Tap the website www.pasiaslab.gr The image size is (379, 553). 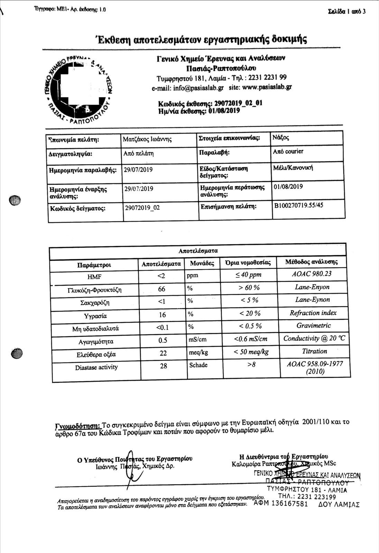pos(267,87)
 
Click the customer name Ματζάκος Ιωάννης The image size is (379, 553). pos(147,140)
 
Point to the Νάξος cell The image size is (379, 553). pos(281,138)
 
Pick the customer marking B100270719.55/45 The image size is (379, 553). pos(299,205)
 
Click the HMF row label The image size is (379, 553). pos(94,276)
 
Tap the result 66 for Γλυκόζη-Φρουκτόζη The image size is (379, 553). pos(161,289)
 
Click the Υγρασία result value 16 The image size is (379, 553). pos(162,315)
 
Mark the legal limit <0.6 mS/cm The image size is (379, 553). pos(251,339)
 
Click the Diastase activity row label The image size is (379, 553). pos(96,367)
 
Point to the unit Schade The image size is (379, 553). pos(198,365)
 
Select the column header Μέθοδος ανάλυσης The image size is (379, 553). pos(311,262)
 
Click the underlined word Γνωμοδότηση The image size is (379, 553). pos(78,424)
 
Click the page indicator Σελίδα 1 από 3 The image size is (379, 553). pos(347,11)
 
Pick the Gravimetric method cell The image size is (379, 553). pos(313,326)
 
